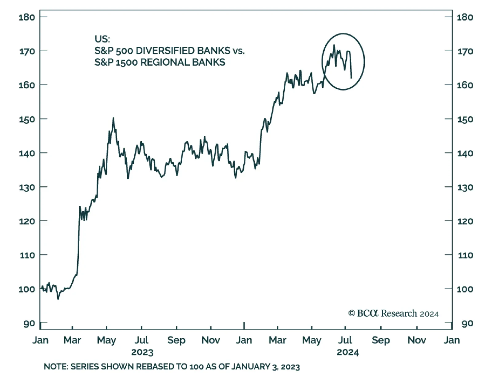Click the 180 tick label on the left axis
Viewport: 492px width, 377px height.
27,17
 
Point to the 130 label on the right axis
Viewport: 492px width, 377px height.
465,187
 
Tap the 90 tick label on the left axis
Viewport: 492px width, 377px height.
29,324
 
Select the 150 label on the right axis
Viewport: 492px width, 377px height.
465,119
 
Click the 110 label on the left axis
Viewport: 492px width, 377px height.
27,255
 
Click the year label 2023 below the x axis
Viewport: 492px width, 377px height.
142,352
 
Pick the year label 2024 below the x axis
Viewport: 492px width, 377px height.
348,352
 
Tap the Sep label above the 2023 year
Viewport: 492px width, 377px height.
176,340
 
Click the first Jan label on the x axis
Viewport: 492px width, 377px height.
40,340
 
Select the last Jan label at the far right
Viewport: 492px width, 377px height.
451,340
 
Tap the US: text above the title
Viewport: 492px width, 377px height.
102,39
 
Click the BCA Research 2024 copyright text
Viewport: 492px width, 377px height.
393,313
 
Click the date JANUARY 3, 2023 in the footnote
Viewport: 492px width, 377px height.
265,367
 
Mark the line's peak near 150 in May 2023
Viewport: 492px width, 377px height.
113,118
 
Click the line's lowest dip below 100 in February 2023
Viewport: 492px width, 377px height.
58,299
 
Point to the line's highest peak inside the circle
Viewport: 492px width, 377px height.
334,45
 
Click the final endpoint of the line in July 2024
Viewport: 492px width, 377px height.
351,78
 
